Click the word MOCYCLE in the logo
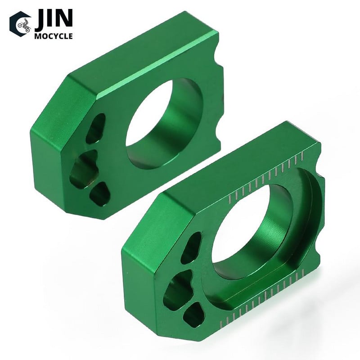54,36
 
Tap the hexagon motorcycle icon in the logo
20,24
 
